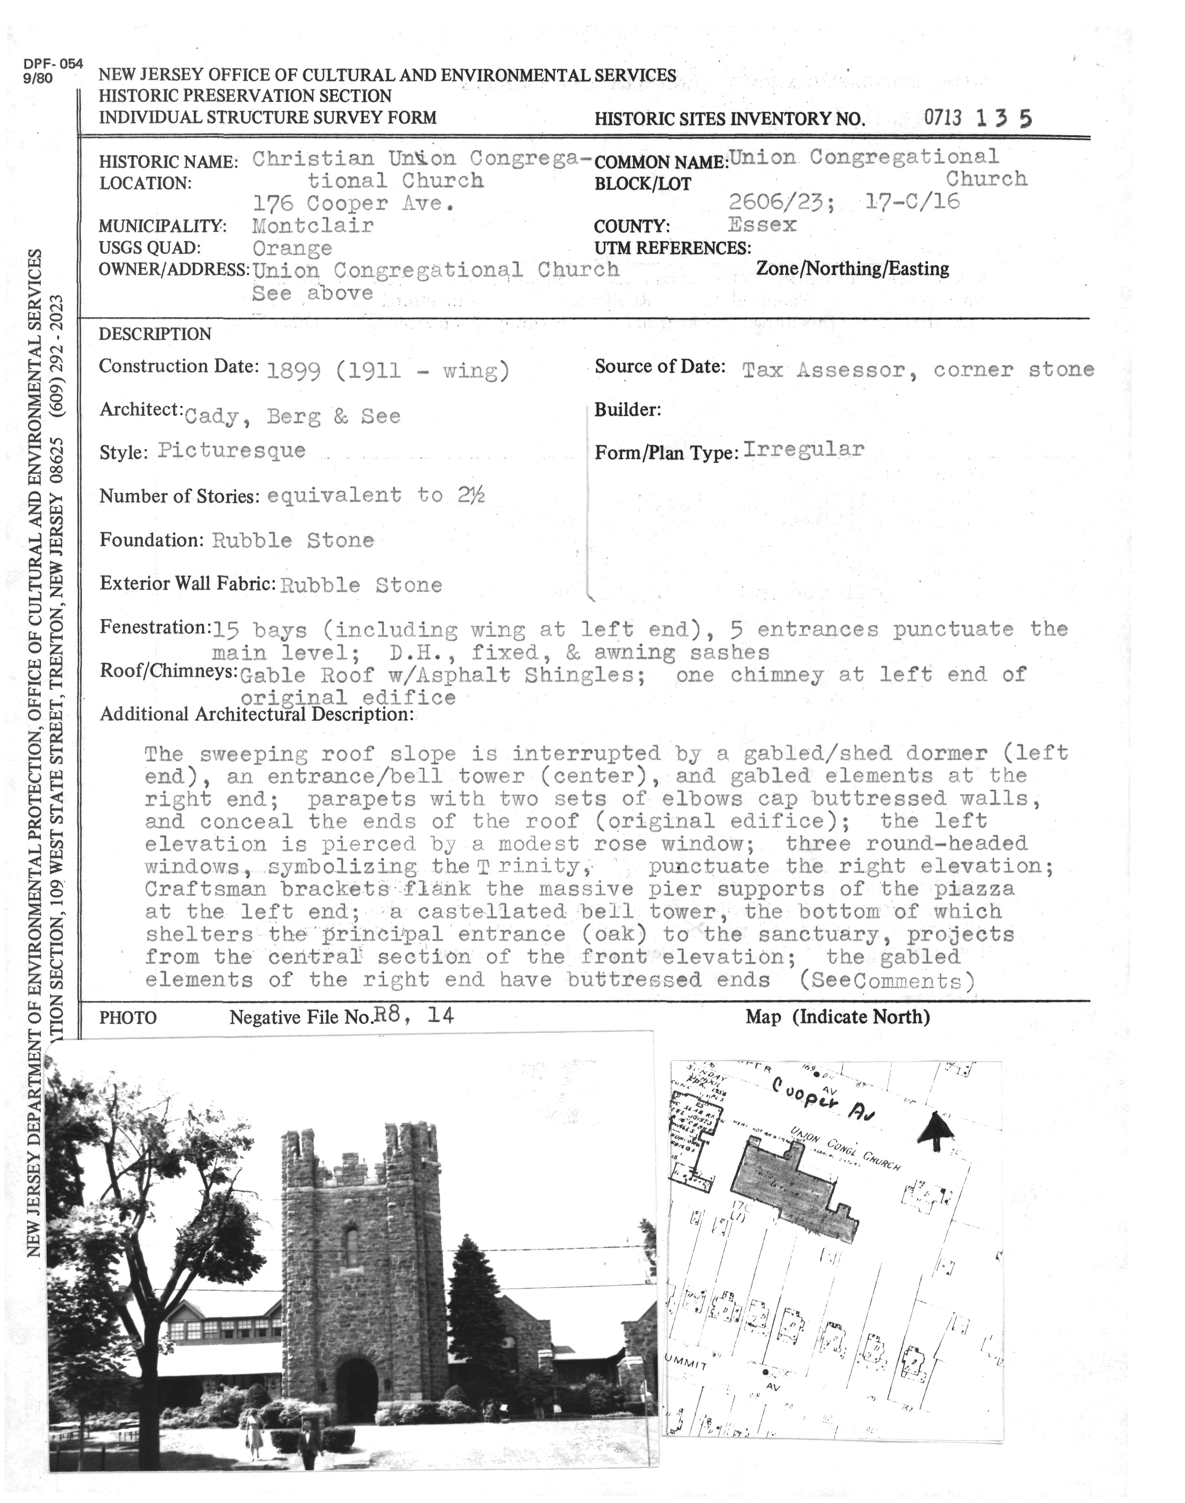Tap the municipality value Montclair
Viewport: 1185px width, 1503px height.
[x=313, y=226]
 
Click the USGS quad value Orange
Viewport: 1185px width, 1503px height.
[x=292, y=248]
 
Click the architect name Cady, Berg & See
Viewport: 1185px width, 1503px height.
[x=292, y=416]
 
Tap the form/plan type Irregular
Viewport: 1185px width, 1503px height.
[x=803, y=449]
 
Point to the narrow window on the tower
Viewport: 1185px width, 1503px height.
[x=351, y=1246]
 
